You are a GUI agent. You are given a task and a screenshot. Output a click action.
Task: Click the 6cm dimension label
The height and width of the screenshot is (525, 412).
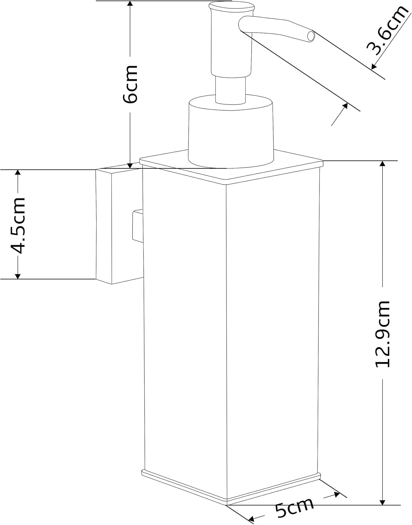tap(130, 84)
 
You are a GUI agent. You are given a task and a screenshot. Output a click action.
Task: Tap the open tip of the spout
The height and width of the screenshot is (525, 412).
tap(311, 36)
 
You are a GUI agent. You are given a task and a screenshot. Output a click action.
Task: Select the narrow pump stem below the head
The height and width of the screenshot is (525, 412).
tap(231, 90)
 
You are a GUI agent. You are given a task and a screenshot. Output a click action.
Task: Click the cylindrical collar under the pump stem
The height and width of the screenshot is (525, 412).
tap(231, 132)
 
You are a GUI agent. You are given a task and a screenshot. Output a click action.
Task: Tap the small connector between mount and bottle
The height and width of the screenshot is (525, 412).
tap(138, 225)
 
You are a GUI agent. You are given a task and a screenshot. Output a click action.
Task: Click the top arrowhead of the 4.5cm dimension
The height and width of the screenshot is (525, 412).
tap(18, 173)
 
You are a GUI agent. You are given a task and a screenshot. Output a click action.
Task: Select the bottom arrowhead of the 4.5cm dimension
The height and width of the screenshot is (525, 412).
tap(18, 275)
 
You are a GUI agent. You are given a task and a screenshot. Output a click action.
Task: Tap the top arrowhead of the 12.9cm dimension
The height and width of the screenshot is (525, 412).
tap(382, 164)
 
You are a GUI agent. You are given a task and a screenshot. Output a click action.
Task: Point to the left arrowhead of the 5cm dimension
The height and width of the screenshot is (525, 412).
tap(251, 518)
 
